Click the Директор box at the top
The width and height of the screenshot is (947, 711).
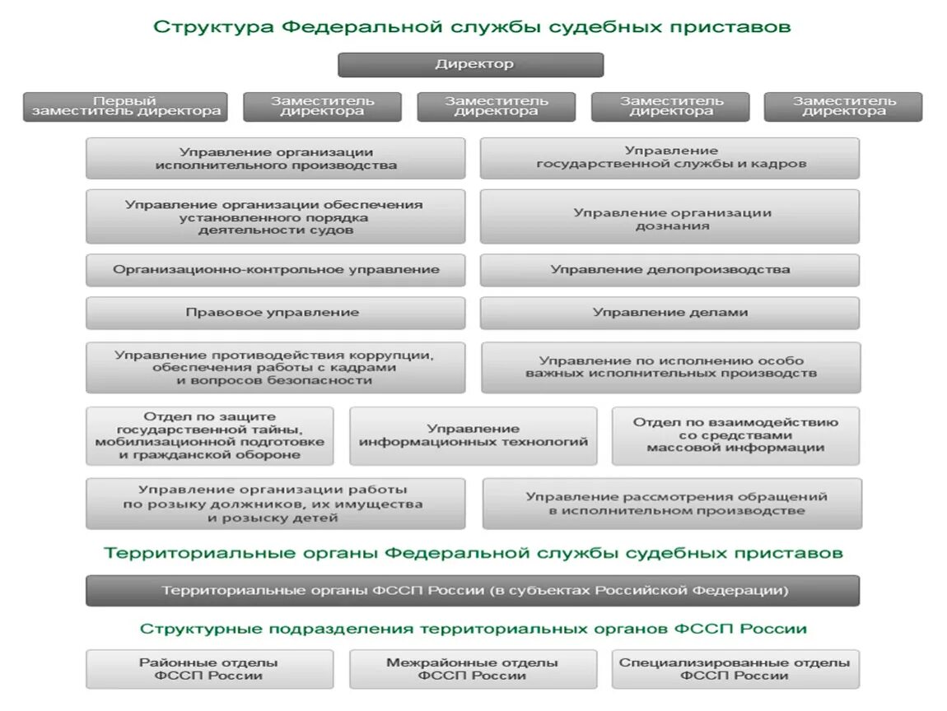(x=470, y=65)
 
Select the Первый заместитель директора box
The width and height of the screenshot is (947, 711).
(x=126, y=107)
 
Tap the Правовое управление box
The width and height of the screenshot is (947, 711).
(x=275, y=313)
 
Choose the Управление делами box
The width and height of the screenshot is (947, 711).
(x=669, y=313)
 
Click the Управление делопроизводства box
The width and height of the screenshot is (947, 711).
(x=669, y=270)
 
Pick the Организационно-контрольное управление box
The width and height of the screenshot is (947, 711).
(x=275, y=270)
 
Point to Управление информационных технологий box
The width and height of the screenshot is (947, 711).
(x=473, y=435)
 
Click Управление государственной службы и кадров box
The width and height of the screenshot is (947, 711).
(x=669, y=158)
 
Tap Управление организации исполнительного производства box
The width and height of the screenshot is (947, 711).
(x=275, y=158)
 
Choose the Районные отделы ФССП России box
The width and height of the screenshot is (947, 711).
(x=209, y=669)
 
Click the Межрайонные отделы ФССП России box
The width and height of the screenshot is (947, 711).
(x=473, y=669)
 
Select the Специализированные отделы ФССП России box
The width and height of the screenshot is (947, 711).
(x=735, y=669)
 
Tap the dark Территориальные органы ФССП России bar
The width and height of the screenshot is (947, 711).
(x=473, y=591)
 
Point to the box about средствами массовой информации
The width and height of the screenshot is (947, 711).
(x=735, y=435)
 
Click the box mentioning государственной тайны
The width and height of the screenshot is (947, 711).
(x=209, y=435)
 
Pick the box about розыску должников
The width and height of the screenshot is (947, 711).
(x=275, y=504)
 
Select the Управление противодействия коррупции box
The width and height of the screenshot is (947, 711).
(x=275, y=368)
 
